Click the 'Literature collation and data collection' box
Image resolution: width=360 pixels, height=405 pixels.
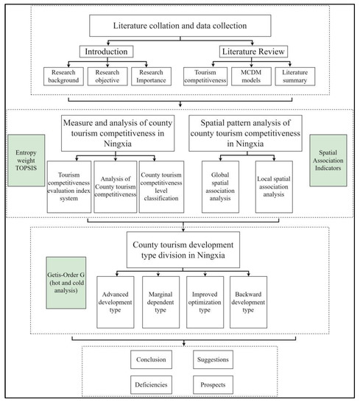180,26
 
